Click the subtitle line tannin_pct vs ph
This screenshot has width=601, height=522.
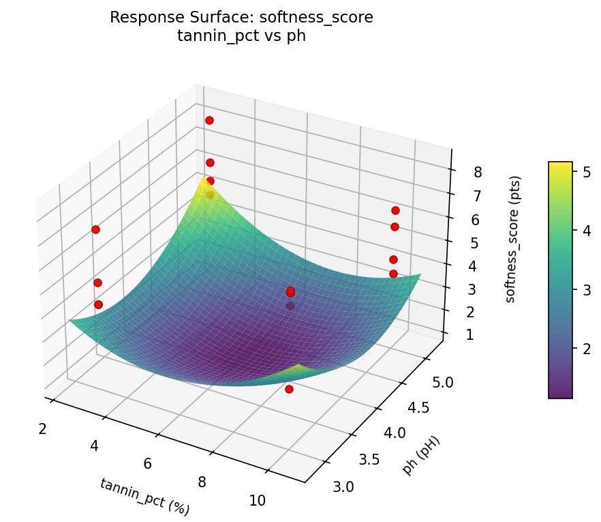241,36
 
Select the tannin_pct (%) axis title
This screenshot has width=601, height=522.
144,496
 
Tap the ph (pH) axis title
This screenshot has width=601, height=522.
421,455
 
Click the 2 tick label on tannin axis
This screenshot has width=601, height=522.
42,429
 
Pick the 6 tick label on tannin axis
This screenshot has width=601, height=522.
148,464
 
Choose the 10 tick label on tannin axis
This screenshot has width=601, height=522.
257,500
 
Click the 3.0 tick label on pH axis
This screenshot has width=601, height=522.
343,486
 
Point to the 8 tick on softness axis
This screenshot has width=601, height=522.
478,172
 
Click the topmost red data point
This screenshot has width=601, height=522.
209,120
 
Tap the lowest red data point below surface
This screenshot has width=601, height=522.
289,389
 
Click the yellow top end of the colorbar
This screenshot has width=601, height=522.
560,166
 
